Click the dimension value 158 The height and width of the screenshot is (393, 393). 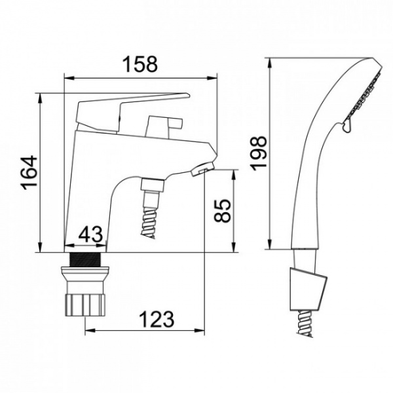tap(141, 64)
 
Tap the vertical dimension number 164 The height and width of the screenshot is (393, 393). tap(29, 173)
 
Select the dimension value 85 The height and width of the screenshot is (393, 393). tap(222, 210)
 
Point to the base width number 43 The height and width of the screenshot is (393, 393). tap(90, 234)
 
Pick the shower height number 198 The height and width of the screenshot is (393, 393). tap(258, 153)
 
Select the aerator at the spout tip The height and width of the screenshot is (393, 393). tap(203, 168)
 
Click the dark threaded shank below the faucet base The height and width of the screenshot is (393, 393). tap(85, 259)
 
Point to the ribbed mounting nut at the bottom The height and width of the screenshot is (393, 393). tap(85, 305)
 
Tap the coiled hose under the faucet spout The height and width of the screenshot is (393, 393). tap(149, 221)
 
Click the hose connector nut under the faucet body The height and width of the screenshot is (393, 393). tap(152, 185)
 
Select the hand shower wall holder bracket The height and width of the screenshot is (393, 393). tap(309, 289)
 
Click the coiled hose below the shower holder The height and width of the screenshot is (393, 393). tap(305, 324)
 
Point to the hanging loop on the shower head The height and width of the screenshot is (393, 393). tap(347, 125)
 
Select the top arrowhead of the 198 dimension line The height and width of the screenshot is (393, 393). tap(270, 63)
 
